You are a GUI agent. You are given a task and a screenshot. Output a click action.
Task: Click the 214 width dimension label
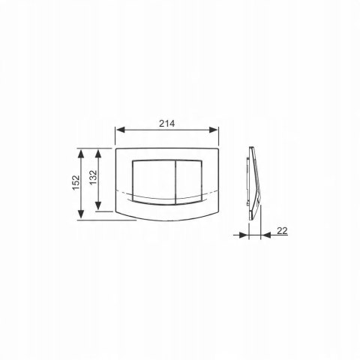coord(167,124)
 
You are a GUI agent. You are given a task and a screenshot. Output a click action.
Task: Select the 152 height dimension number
coord(76,183)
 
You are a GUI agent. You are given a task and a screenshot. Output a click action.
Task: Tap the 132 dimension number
coord(93,178)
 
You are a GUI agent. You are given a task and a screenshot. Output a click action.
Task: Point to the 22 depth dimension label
coord(282,231)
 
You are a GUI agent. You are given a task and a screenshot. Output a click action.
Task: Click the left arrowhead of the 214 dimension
coord(121,130)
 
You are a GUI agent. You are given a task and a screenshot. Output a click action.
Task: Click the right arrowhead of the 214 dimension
coord(213,130)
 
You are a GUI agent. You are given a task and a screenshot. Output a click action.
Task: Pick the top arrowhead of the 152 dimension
coord(80,154)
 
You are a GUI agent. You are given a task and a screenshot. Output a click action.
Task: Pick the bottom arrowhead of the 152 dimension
coord(80,215)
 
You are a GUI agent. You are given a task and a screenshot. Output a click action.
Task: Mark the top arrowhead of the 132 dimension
coord(98,154)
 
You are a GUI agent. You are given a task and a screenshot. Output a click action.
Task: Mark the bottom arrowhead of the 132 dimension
coord(98,206)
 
